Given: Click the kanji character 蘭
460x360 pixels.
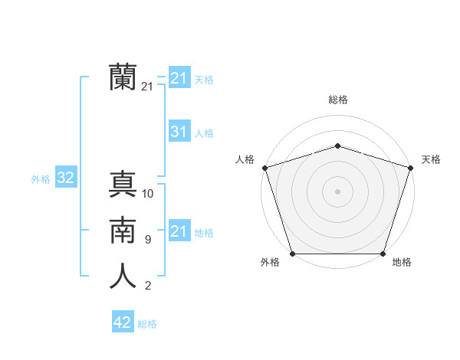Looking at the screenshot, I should click(x=123, y=77).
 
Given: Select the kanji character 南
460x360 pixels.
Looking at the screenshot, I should click(x=123, y=231).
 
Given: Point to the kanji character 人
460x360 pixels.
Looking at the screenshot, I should click(x=123, y=277).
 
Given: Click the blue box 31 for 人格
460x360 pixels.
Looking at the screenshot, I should click(x=179, y=132).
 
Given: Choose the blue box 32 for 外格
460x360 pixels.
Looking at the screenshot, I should click(x=65, y=178).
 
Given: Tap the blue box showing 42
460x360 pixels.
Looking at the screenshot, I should click(x=122, y=322).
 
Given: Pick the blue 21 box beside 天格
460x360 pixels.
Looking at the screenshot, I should click(x=179, y=78).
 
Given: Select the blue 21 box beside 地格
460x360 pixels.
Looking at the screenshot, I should click(x=179, y=231).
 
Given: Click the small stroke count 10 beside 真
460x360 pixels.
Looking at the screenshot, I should click(x=148, y=194).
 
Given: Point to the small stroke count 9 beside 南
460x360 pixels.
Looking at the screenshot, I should click(x=147, y=240).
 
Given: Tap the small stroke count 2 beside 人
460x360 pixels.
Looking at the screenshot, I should click(x=147, y=286).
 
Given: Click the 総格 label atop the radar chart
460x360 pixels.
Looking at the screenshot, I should click(x=337, y=100).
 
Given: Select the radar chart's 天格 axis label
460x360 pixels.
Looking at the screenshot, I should click(x=431, y=159).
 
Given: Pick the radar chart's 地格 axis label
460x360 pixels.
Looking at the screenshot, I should click(x=402, y=263).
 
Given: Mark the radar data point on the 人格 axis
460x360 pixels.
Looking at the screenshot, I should click(x=264, y=168).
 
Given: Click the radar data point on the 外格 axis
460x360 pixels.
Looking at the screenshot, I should click(x=292, y=254).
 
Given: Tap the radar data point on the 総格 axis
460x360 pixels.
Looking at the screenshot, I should click(x=337, y=146).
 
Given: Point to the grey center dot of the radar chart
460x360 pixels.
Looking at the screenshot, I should click(x=337, y=191).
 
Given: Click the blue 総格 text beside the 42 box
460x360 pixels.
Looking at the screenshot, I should click(x=147, y=324).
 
